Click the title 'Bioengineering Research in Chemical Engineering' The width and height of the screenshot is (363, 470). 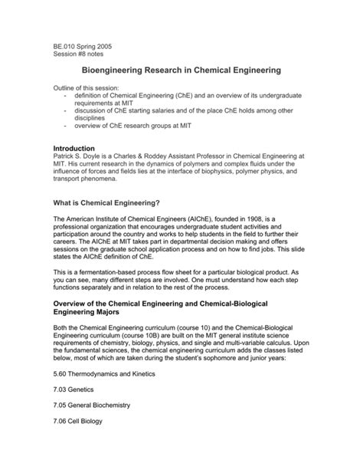pos(181,70)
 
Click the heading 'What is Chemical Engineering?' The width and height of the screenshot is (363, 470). pos(105,202)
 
